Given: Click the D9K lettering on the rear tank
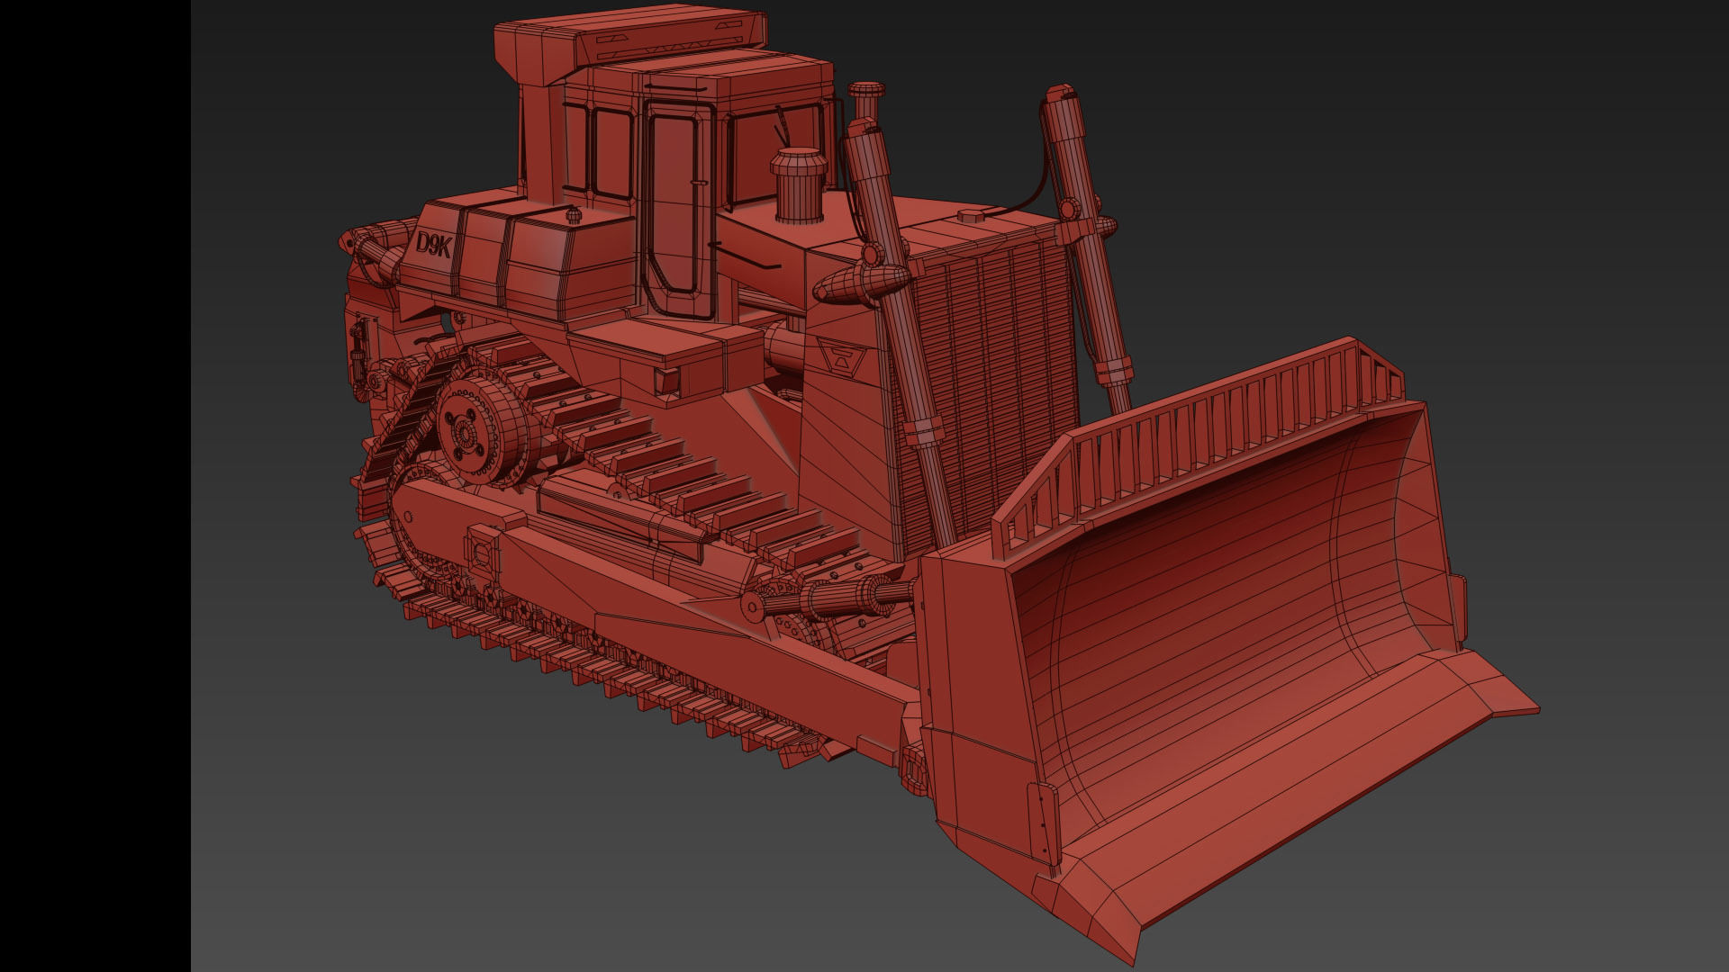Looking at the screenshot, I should (x=433, y=246).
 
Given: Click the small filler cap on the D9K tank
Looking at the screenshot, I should (x=570, y=216).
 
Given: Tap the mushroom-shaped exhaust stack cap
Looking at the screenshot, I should (x=867, y=91).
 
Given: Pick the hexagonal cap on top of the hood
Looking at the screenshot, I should (x=972, y=216).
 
